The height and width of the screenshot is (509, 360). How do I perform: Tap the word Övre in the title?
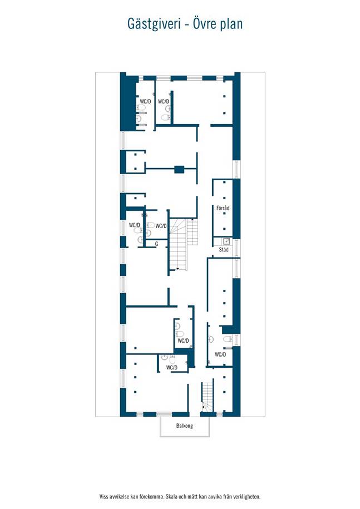tap(204, 24)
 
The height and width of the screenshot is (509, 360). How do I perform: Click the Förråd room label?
tap(223, 208)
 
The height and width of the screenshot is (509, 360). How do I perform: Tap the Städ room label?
tap(223, 249)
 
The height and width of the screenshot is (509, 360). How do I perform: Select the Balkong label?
tap(184, 426)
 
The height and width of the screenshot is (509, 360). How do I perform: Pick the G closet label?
tap(156, 244)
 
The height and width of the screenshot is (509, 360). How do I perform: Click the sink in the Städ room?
tap(226, 241)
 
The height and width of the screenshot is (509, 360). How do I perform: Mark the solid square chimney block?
tap(179, 169)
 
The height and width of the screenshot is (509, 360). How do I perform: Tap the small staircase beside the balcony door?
tap(208, 397)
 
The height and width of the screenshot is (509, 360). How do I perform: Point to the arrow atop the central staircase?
tap(192, 220)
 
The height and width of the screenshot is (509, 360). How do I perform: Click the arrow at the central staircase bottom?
tap(177, 269)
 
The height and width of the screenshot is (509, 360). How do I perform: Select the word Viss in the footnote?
tap(104, 497)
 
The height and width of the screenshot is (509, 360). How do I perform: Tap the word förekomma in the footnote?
tap(151, 497)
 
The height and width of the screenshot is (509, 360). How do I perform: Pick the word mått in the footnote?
tap(193, 497)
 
